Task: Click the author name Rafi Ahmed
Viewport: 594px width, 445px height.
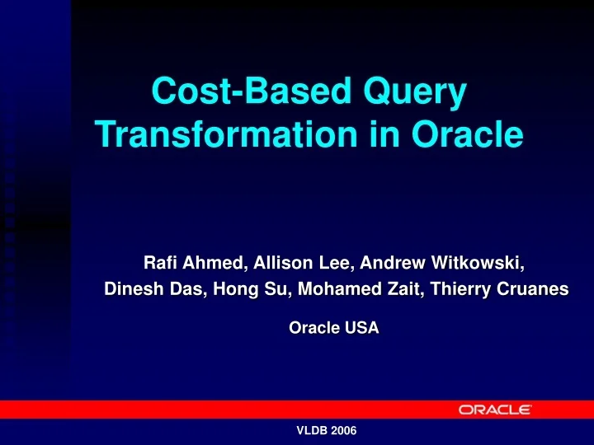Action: coord(194,264)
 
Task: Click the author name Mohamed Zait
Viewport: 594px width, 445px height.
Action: coord(357,289)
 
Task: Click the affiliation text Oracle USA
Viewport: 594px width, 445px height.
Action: coord(333,328)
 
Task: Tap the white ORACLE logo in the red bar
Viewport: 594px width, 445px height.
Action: coord(495,410)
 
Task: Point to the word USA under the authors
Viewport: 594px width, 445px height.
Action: coord(361,328)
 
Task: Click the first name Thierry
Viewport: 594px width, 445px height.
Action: coord(464,289)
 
